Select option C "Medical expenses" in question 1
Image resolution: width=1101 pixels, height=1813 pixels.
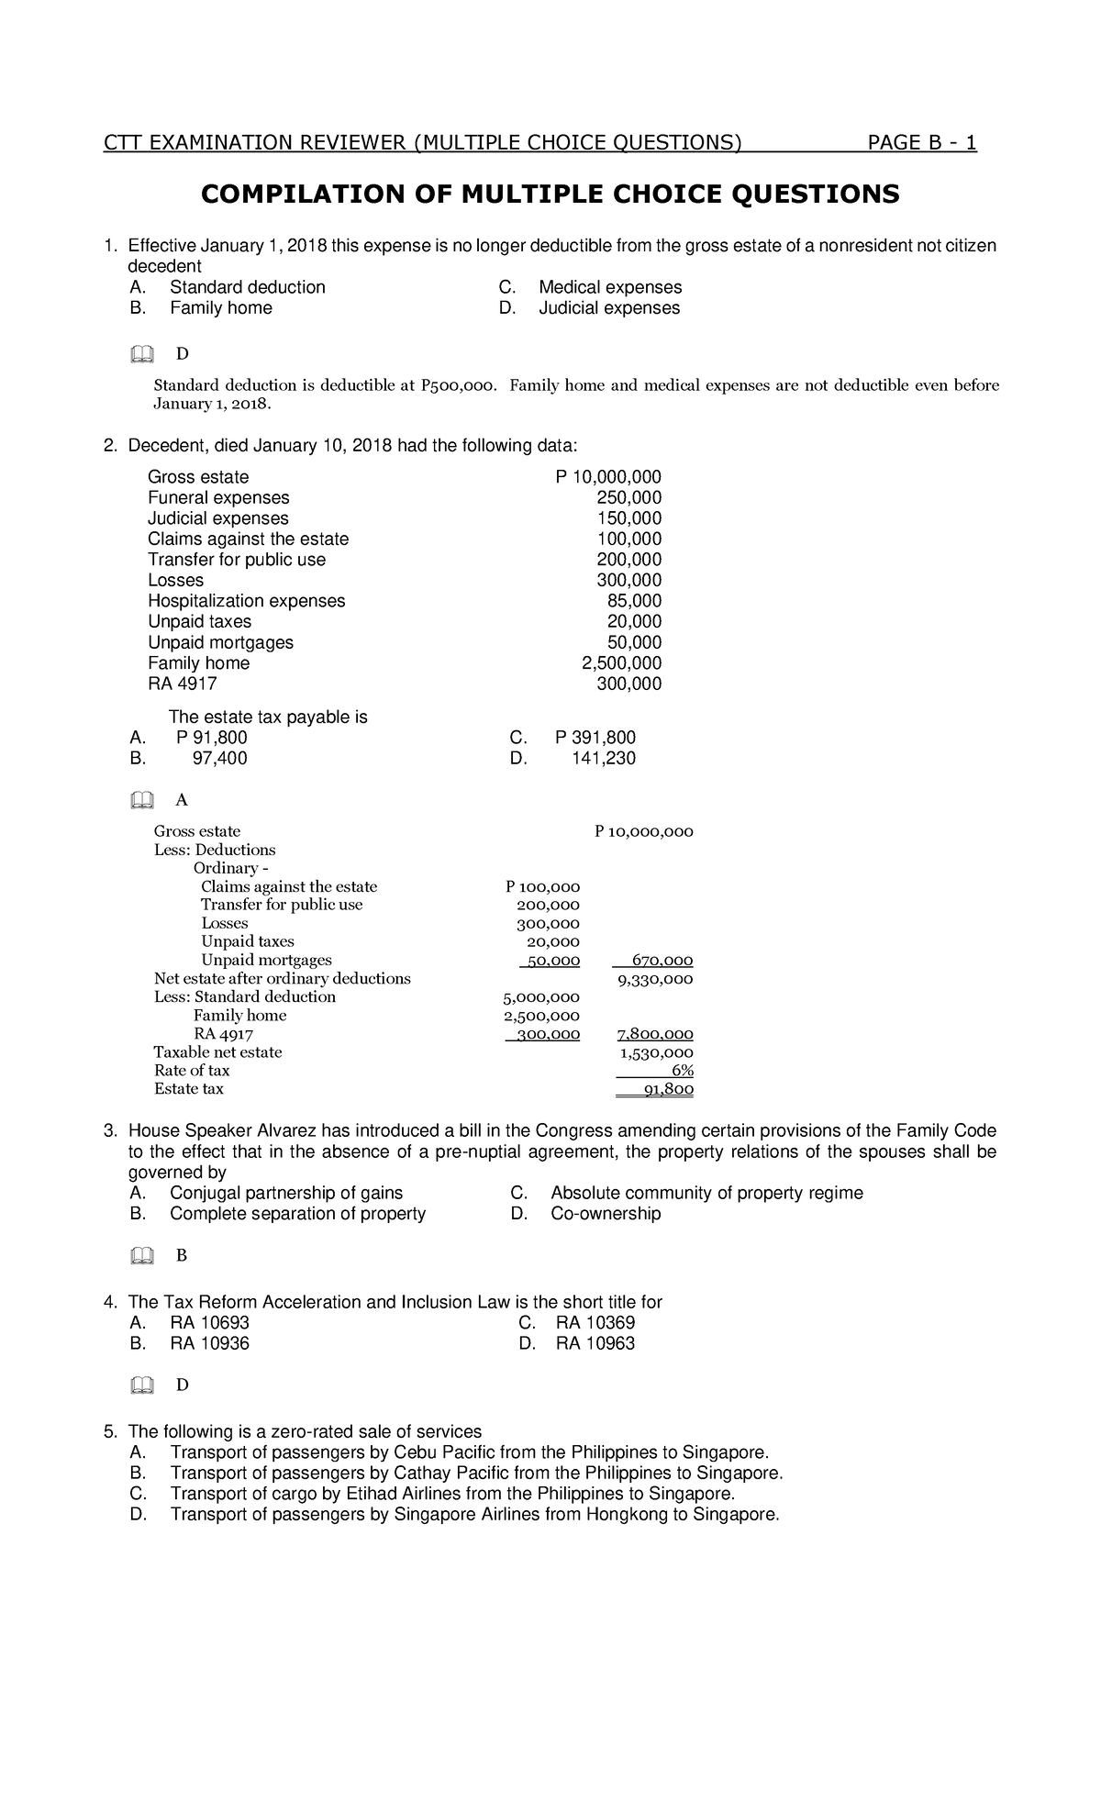tap(610, 287)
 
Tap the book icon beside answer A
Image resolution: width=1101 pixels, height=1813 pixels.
tap(141, 801)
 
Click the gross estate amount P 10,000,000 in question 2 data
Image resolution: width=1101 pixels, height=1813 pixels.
tap(608, 477)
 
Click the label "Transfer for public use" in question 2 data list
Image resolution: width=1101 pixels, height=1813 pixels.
tap(237, 560)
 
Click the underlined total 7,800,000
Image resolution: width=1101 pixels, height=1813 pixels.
tap(655, 1034)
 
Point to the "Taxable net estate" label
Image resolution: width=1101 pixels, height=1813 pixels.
tap(218, 1052)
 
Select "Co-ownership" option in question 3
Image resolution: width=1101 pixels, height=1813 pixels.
tap(606, 1214)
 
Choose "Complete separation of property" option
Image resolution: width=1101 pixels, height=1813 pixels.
tap(297, 1214)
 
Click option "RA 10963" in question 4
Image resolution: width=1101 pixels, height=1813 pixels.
tap(595, 1344)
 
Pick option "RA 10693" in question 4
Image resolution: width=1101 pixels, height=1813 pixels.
tap(209, 1323)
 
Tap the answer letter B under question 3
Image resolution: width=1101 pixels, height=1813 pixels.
tap(181, 1256)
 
